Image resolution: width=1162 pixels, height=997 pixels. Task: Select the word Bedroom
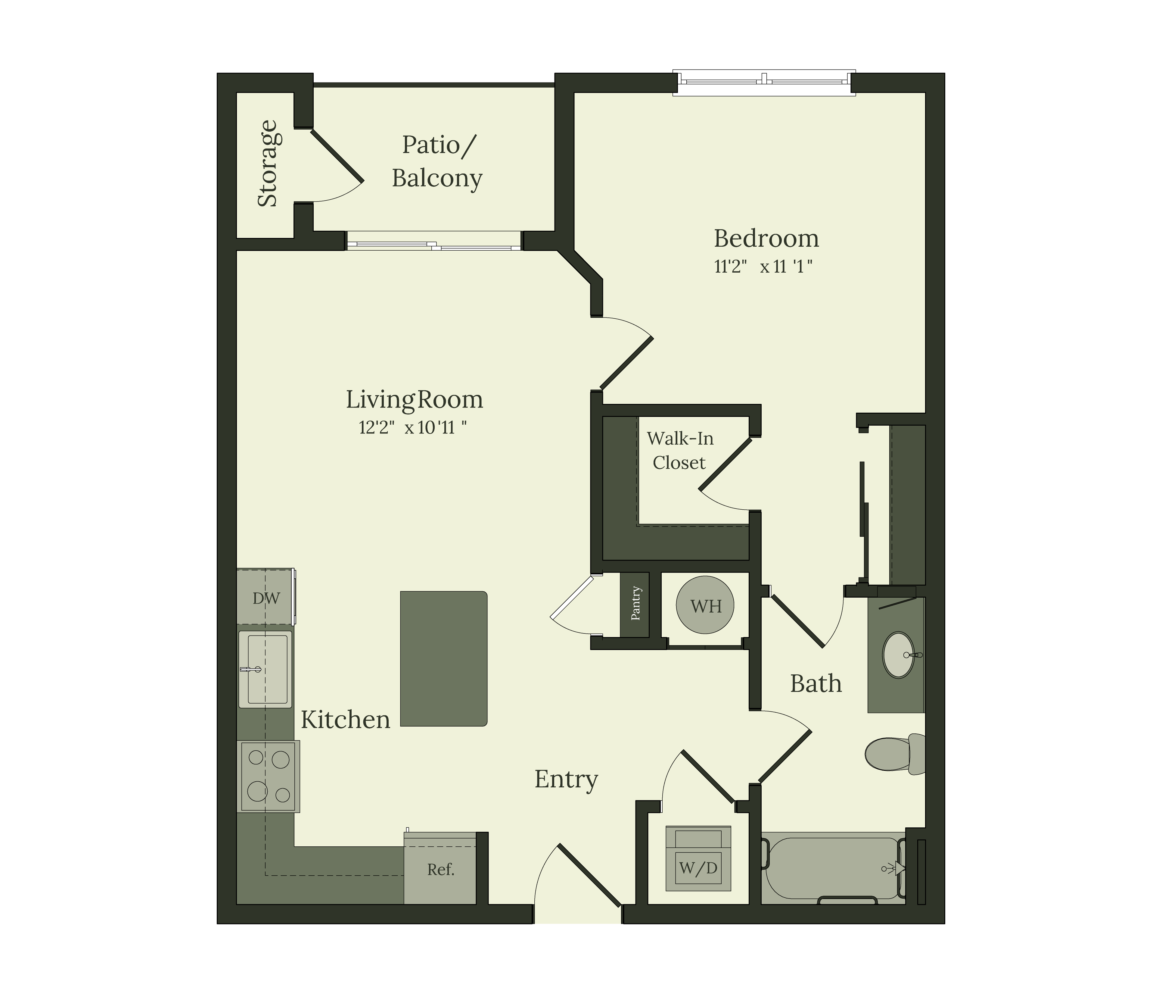point(766,239)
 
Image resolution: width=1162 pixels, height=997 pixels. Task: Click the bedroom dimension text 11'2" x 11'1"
point(763,266)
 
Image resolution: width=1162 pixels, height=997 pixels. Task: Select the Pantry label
point(635,603)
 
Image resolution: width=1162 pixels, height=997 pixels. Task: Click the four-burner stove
point(269,776)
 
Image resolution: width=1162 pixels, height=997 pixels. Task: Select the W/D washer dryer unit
point(698,858)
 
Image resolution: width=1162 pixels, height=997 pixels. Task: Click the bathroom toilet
point(893,754)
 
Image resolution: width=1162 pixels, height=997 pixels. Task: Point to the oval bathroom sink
point(898,655)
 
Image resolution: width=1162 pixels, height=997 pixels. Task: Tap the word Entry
point(566,779)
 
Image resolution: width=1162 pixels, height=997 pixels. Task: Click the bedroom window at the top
point(764,83)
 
